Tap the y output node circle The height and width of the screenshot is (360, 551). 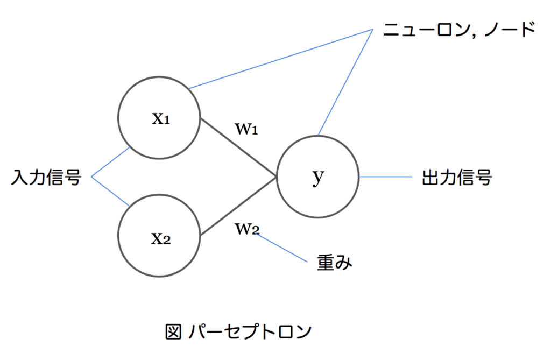[x=318, y=177]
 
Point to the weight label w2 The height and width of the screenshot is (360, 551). [x=247, y=229]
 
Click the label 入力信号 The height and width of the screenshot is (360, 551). [x=46, y=177]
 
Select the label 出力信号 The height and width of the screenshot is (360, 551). [x=457, y=178]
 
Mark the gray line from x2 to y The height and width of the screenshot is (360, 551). [x=238, y=206]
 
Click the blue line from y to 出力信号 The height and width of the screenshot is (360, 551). [x=385, y=177]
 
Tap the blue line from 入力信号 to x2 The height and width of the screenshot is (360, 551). [x=111, y=191]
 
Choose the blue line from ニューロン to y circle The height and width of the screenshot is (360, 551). [x=345, y=82]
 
